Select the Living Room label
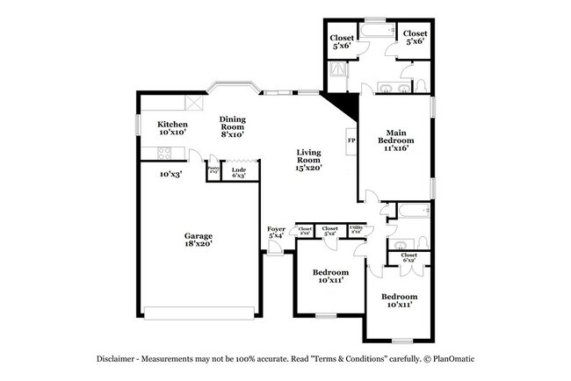coord(308,159)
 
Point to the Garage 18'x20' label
coord(198,240)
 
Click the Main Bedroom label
coord(396,140)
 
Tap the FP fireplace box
coord(351,140)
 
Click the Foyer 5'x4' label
coord(276,232)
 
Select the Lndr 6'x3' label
coord(239,173)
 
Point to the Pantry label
coord(213,170)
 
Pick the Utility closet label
coord(357,229)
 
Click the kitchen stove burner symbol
coord(163,155)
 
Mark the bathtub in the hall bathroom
coord(411,211)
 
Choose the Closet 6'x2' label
coord(409,258)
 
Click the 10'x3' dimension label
coord(170,175)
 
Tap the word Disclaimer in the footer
coord(118,360)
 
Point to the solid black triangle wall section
coord(345,104)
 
